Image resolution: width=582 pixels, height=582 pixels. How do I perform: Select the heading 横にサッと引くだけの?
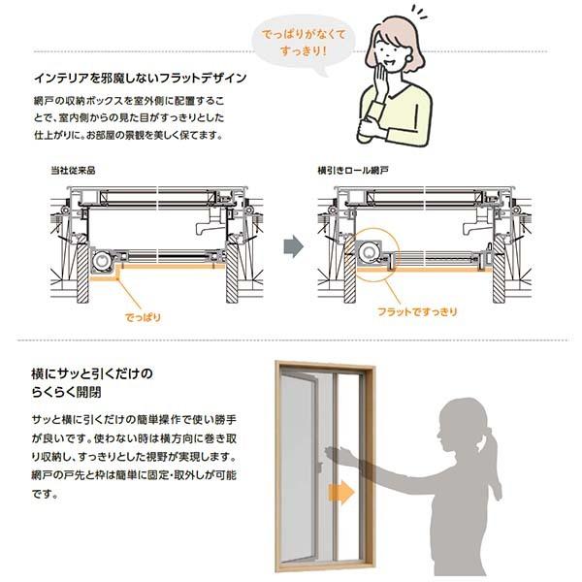click(x=93, y=373)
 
